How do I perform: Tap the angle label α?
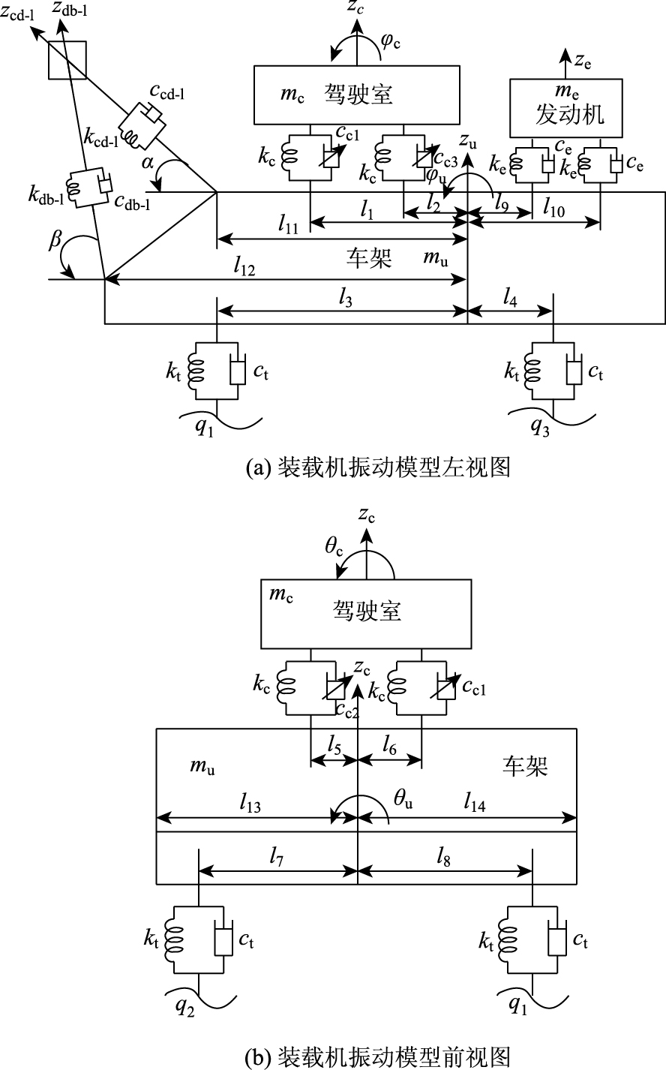(148, 163)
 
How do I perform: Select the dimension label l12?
(244, 267)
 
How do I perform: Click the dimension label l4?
(510, 299)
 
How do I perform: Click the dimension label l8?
(443, 858)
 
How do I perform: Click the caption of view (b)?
(378, 1056)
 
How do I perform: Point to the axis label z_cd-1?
(17, 14)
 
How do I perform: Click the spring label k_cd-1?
(100, 138)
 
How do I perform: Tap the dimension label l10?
(553, 209)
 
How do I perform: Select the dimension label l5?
(334, 744)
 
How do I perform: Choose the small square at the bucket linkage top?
(67, 60)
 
